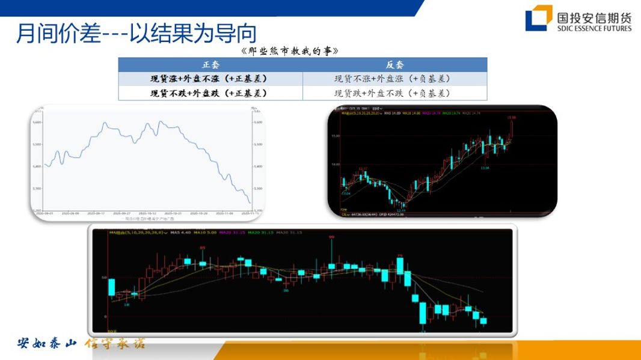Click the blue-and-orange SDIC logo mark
coord(538,17)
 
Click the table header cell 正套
coord(210,64)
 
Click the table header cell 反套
coord(394,64)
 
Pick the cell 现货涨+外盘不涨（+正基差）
coord(210,79)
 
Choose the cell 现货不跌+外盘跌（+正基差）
coord(210,93)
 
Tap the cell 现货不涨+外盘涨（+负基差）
coord(394,79)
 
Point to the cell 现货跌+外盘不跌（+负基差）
coord(394,93)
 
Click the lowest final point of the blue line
coord(251,203)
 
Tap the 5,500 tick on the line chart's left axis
coord(37,144)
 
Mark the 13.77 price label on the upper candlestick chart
coord(363,169)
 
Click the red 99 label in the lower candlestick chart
coord(331,237)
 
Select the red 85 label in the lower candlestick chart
coord(203,248)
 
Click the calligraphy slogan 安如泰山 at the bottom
coord(47,344)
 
